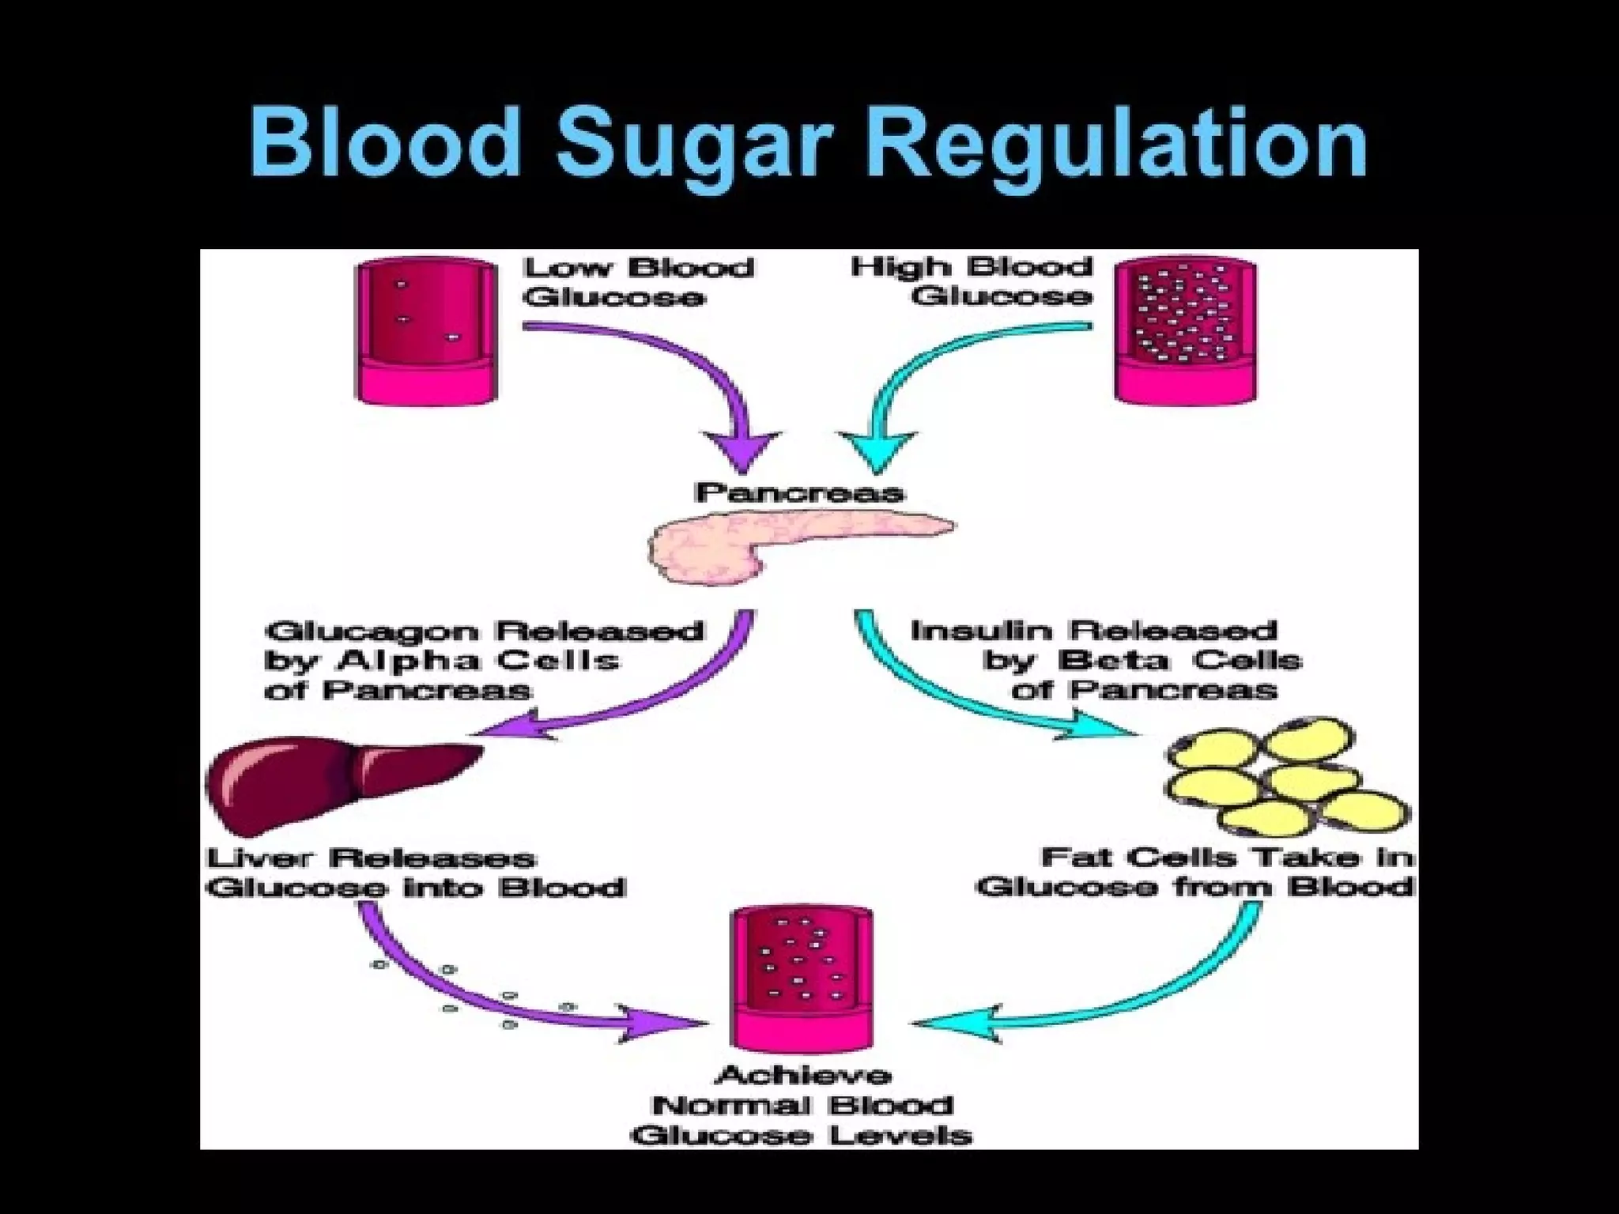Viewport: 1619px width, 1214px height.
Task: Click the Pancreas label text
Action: (798, 493)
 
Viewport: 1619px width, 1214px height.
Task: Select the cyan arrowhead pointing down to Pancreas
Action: (877, 451)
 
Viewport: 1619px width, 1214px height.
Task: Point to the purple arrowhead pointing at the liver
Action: (514, 724)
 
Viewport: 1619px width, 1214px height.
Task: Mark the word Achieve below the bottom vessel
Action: (802, 1076)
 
